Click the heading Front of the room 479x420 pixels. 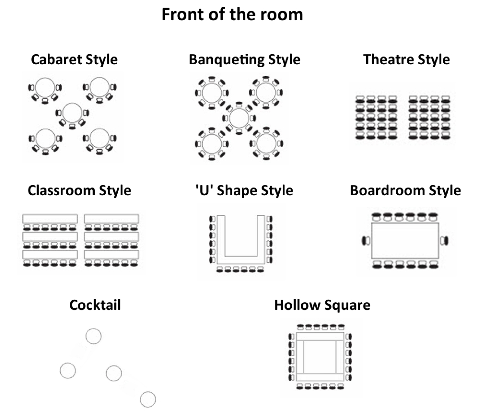pyautogui.click(x=232, y=14)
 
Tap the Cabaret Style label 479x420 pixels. pyautogui.click(x=74, y=59)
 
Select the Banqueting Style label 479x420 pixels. pyautogui.click(x=245, y=59)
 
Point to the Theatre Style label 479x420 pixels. pyautogui.click(x=406, y=59)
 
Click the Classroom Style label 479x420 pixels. pyautogui.click(x=79, y=190)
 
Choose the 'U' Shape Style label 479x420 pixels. pyautogui.click(x=244, y=190)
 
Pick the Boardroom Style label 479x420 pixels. pyautogui.click(x=405, y=190)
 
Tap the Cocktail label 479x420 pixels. pyautogui.click(x=95, y=305)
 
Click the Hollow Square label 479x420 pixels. pyautogui.click(x=322, y=305)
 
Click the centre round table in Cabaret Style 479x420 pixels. pyautogui.click(x=72, y=113)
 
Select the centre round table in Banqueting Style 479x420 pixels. pyautogui.click(x=239, y=118)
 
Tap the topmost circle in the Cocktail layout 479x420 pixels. pyautogui.click(x=94, y=336)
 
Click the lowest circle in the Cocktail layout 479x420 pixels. pyautogui.click(x=148, y=399)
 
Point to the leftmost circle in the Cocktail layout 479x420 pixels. pyautogui.click(x=68, y=371)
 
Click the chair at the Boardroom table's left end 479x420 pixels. pyautogui.click(x=366, y=240)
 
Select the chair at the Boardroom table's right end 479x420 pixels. pyautogui.click(x=444, y=240)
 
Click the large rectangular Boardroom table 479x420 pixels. pyautogui.click(x=405, y=240)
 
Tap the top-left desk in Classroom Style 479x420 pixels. pyautogui.click(x=50, y=219)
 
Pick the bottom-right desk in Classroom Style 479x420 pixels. pyautogui.click(x=112, y=255)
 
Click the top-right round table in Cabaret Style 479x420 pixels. pyautogui.click(x=100, y=87)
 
